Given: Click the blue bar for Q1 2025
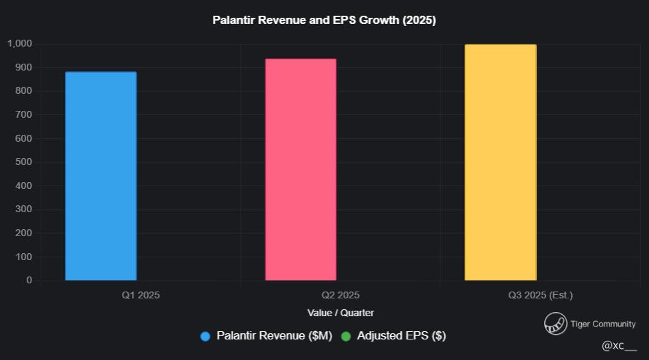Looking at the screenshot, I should (101, 176).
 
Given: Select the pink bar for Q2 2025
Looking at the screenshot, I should (301, 169).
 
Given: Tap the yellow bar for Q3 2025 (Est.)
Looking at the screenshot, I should (500, 162).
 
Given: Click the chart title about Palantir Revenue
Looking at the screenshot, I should (324, 21).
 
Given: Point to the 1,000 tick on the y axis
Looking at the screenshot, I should (20, 44).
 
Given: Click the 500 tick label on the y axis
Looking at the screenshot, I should (24, 162).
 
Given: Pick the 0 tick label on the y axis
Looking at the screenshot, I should (29, 280).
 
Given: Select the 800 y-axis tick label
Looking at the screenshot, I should (24, 91).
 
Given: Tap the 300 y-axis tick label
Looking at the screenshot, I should (24, 209).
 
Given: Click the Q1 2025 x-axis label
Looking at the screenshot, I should (141, 296).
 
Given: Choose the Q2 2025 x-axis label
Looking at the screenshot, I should (340, 296).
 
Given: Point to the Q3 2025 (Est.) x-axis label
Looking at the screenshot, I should (540, 296).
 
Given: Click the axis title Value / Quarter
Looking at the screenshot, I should (341, 313).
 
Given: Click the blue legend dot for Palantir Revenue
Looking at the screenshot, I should (205, 336).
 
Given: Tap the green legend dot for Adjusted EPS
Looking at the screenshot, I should (346, 336).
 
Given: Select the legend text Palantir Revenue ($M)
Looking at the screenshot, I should (274, 336).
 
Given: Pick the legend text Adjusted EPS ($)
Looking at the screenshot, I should (401, 336).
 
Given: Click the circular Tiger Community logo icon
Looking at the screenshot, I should (555, 324).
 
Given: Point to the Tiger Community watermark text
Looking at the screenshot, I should (603, 324).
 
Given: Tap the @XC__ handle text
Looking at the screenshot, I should (619, 346).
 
